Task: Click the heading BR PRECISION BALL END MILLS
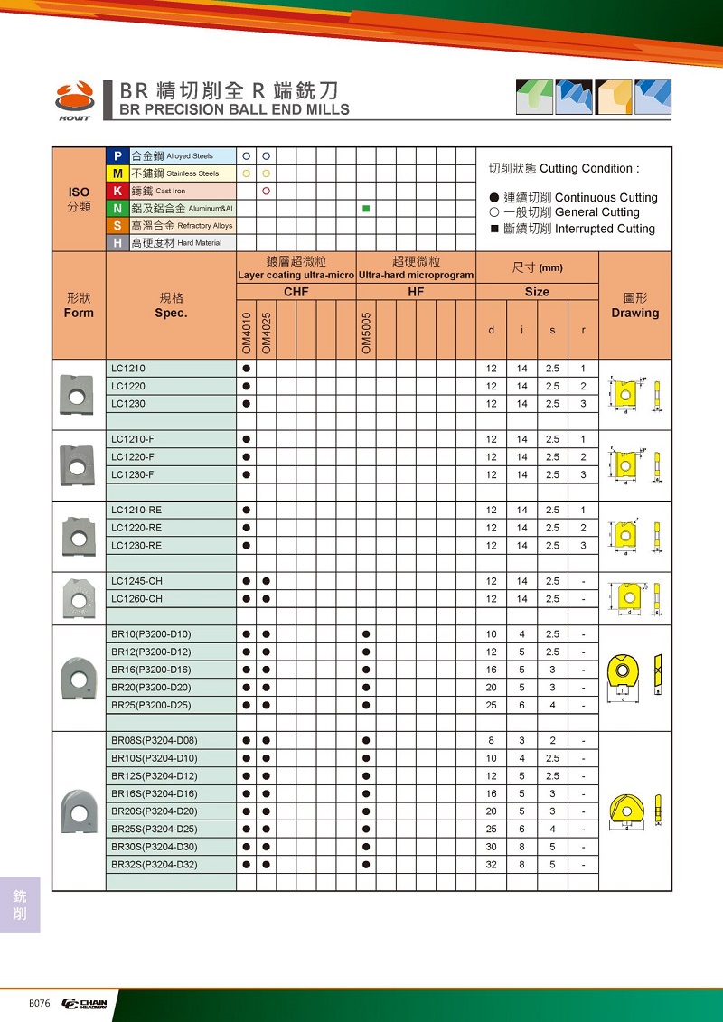234,109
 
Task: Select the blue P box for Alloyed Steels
117,155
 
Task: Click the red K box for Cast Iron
117,191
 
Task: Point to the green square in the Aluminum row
366,209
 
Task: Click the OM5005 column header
366,333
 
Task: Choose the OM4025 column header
267,333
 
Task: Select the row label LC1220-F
133,457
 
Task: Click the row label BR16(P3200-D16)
151,670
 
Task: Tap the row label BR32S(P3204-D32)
154,865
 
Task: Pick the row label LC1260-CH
137,599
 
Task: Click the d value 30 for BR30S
492,847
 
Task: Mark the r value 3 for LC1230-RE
584,546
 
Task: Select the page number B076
40,1003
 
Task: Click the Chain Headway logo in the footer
84,1003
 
